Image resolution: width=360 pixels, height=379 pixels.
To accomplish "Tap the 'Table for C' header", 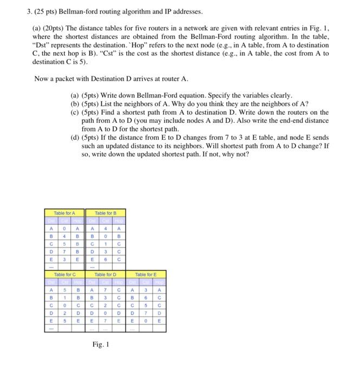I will pos(66,275).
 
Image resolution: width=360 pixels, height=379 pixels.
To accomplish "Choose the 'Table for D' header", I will pos(106,275).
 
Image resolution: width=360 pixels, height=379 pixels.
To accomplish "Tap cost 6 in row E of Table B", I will pos(106,259).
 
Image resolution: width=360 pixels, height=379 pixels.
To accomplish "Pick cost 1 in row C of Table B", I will pos(106,244).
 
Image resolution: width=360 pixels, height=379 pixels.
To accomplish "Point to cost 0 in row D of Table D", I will pos(106,312).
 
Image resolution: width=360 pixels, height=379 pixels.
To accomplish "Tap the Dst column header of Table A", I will pos(52,221).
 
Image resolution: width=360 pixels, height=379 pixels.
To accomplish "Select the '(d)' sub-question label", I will pos(76,138).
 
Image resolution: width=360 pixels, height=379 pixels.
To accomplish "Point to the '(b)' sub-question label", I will pos(76,103).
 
